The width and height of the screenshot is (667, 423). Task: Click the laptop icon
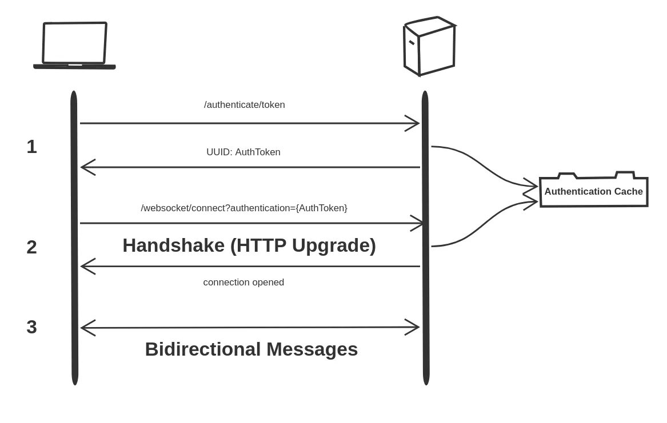tap(74, 46)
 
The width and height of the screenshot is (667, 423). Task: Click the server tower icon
tap(429, 46)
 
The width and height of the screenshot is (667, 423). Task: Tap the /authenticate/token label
tap(245, 105)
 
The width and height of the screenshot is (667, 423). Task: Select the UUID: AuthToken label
tap(243, 152)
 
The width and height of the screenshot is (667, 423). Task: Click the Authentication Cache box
tap(593, 191)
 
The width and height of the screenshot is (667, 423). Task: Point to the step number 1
tap(32, 147)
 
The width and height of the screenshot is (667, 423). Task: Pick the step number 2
tap(32, 247)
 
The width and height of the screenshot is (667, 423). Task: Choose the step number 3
tap(32, 327)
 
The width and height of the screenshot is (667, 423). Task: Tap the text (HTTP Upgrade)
tap(303, 245)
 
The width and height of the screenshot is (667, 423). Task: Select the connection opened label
tap(243, 283)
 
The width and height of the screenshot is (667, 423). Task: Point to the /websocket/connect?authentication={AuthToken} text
tap(244, 208)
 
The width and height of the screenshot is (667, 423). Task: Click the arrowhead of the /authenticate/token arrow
tap(414, 123)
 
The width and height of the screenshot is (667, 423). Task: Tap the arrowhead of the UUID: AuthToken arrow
tap(86, 167)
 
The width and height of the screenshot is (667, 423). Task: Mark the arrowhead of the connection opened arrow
tap(86, 266)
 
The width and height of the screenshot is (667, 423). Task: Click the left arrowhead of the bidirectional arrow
tap(86, 328)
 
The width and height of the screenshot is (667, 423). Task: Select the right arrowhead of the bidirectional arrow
tap(414, 327)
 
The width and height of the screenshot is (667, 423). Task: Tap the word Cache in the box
tap(628, 192)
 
